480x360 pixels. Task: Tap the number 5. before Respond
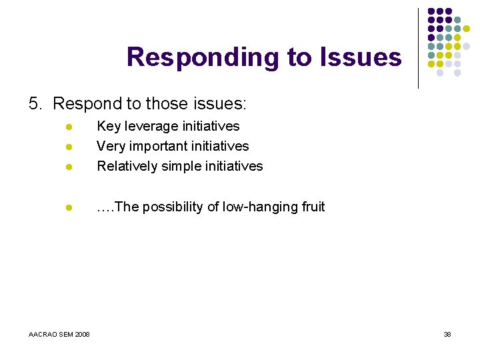pyautogui.click(x=36, y=104)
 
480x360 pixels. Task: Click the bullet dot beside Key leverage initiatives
pyautogui.click(x=68, y=127)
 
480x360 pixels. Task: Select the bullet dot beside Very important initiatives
pyautogui.click(x=68, y=147)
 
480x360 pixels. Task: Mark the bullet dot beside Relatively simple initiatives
pyautogui.click(x=68, y=167)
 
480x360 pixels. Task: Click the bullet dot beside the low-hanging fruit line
pyautogui.click(x=68, y=207)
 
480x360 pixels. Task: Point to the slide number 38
pyautogui.click(x=447, y=334)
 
